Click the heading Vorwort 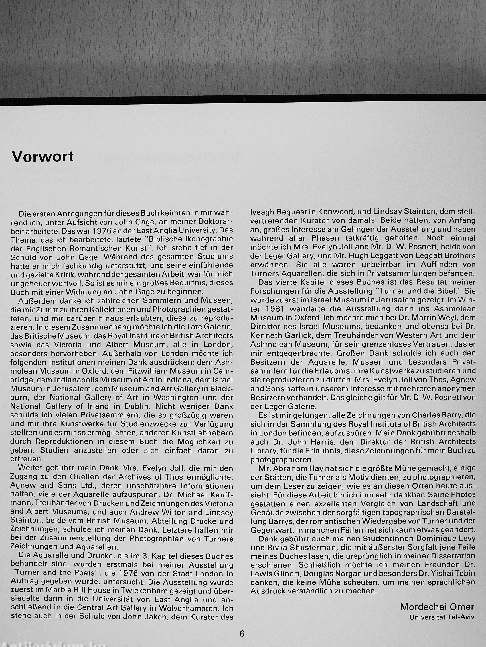click(x=42, y=157)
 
